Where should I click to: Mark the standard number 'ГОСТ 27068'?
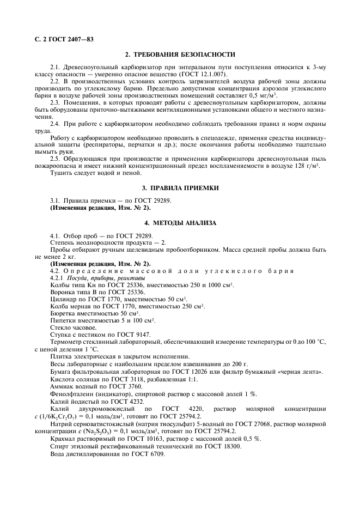tap(250, 423)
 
